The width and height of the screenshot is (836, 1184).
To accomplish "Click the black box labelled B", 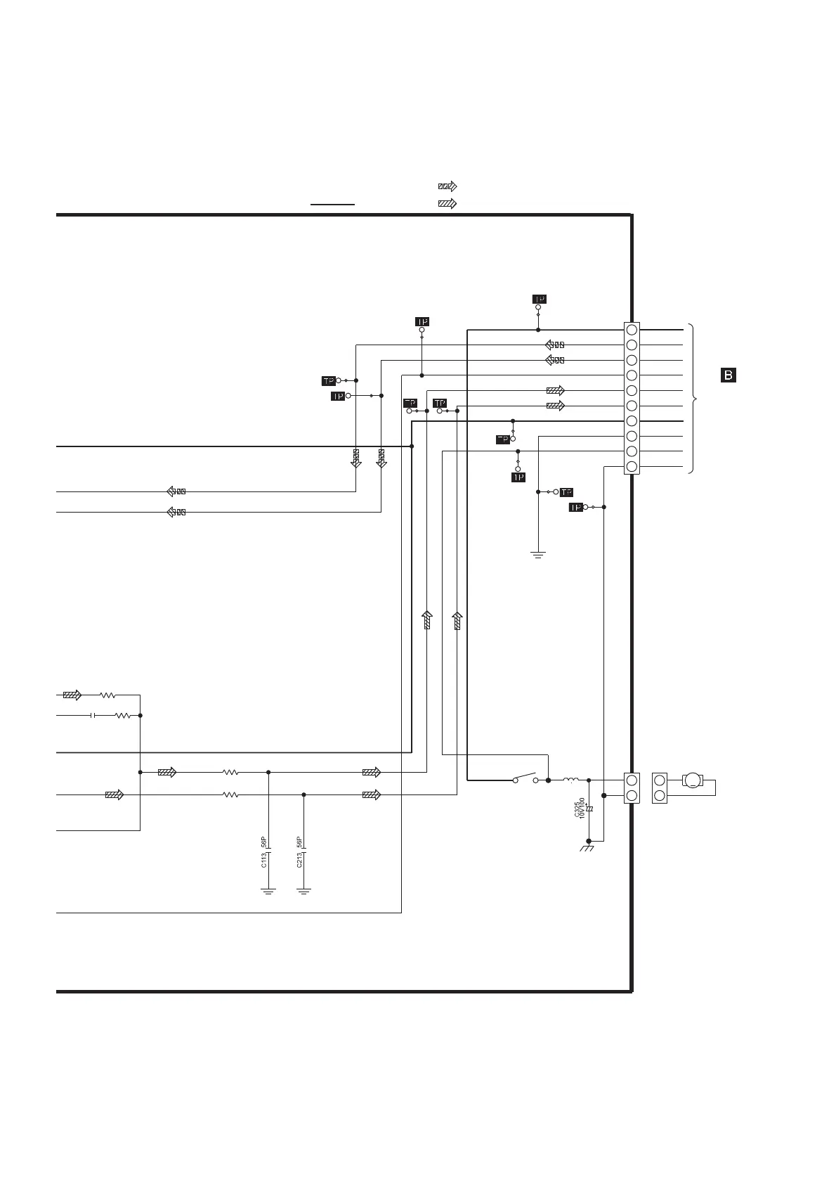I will [729, 375].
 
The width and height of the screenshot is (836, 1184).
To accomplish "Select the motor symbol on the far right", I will [693, 780].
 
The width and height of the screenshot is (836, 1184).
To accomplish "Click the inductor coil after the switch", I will [570, 779].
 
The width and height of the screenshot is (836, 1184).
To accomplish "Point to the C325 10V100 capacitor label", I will [579, 808].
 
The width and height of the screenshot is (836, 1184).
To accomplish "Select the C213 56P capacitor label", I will [299, 852].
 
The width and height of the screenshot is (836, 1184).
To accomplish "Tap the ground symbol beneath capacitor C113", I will [268, 891].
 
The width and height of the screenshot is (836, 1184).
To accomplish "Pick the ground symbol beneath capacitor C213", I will [304, 891].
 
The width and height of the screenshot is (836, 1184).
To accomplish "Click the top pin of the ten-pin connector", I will [632, 330].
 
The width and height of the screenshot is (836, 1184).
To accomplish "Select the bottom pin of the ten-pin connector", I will [632, 467].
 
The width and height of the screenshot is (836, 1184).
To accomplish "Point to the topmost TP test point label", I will [539, 299].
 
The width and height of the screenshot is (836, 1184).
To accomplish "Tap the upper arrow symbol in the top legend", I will [447, 186].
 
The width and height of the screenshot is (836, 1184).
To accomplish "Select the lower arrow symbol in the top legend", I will [447, 204].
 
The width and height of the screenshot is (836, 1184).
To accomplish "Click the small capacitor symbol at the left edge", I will [93, 716].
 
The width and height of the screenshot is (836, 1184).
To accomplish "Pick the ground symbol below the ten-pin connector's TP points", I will [538, 555].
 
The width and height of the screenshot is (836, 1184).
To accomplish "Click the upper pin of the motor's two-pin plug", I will [660, 780].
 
